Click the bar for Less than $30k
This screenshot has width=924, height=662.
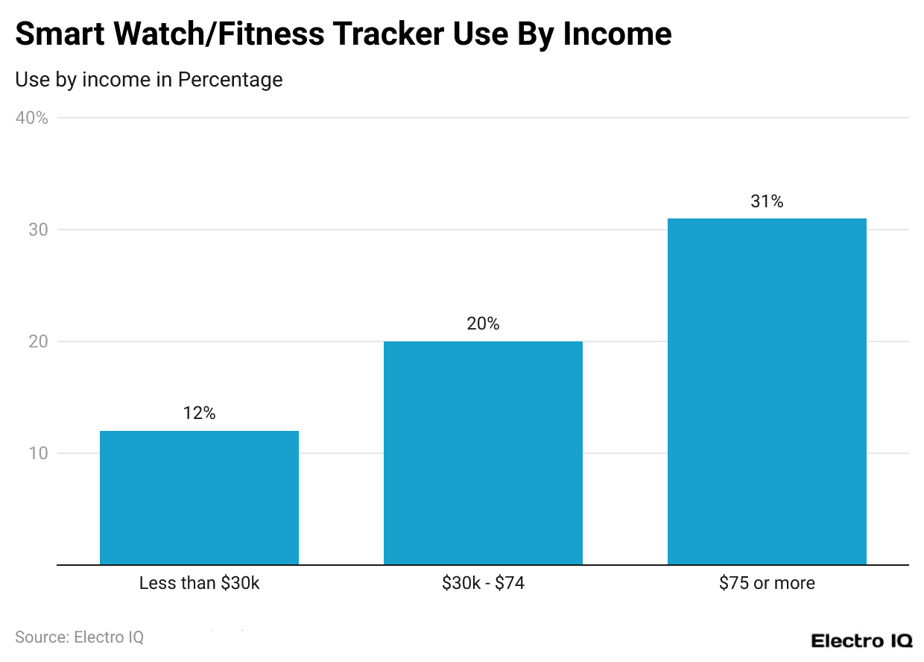coord(199,497)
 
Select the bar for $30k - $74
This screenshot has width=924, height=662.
coord(483,453)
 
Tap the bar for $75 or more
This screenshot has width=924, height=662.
coord(767,391)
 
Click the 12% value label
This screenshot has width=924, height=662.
coord(199,413)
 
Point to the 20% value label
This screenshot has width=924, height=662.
coord(483,324)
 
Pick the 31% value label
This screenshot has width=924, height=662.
coord(767,201)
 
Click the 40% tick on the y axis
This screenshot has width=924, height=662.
coord(32,118)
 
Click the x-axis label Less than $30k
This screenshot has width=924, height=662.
coord(199,583)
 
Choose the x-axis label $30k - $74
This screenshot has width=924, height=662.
coord(483,583)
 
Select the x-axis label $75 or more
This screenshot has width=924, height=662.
coord(767,583)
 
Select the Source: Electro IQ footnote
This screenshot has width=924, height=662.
coord(79,637)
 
